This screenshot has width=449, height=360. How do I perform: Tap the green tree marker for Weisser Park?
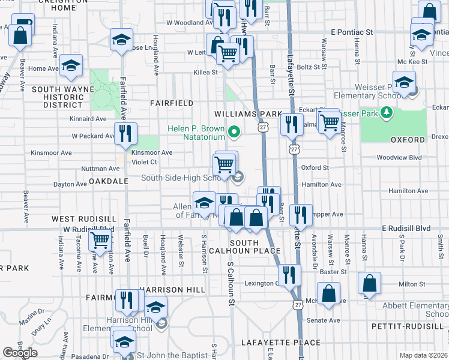point(388,112)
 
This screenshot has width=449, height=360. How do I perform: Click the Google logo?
point(20,352)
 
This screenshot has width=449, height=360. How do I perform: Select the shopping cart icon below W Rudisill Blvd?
point(100,241)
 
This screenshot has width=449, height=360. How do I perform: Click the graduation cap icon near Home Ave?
point(71,67)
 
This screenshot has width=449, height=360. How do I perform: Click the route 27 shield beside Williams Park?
point(263,127)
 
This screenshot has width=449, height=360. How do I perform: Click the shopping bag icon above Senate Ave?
point(329,294)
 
